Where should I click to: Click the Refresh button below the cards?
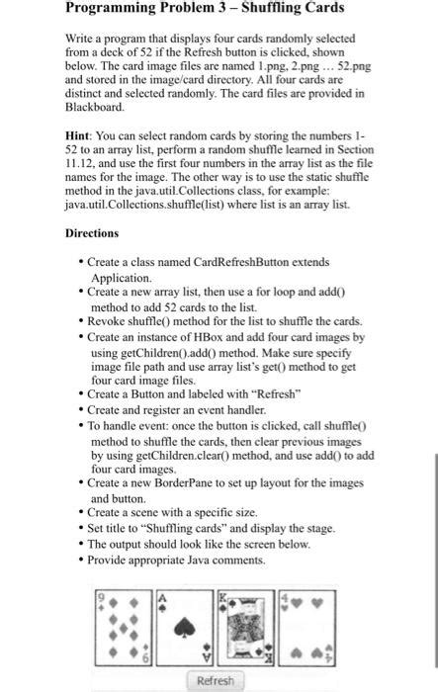pos(217,681)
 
